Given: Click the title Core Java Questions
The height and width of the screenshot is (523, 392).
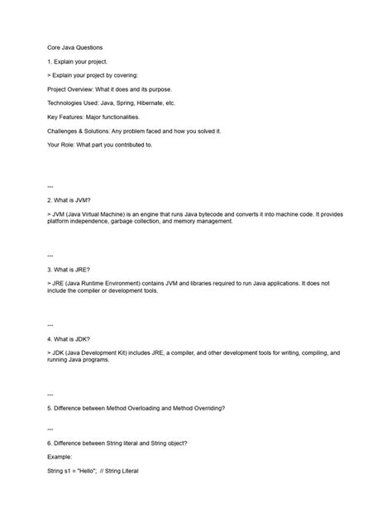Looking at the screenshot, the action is (75, 48).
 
